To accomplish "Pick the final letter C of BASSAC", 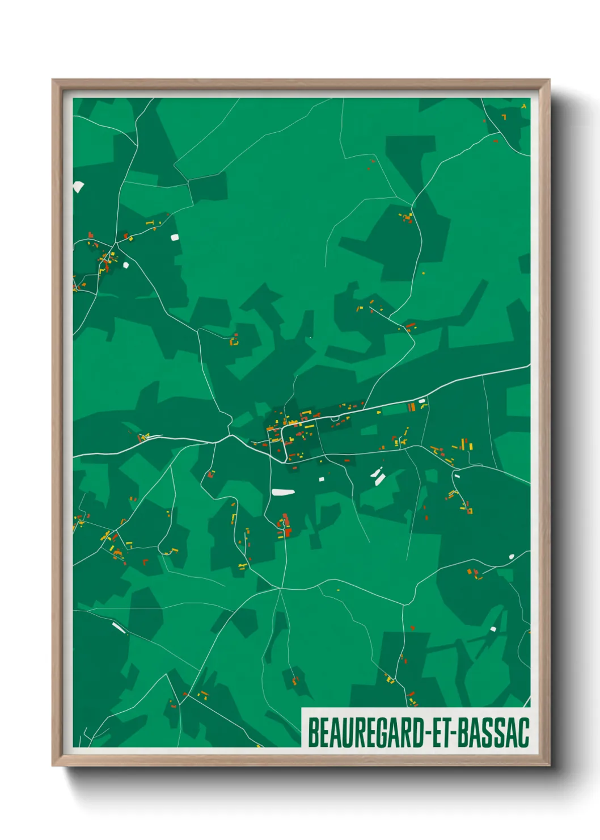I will [x=523, y=732].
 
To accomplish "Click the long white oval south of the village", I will [x=283, y=492].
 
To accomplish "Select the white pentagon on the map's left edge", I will [x=78, y=186].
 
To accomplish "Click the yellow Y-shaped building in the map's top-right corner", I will [x=524, y=106].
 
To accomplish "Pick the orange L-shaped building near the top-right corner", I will [x=504, y=117].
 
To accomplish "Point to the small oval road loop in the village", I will [x=335, y=419].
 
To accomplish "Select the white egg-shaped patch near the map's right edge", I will [x=512, y=556].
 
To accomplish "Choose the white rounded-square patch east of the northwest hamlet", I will [x=174, y=237].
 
